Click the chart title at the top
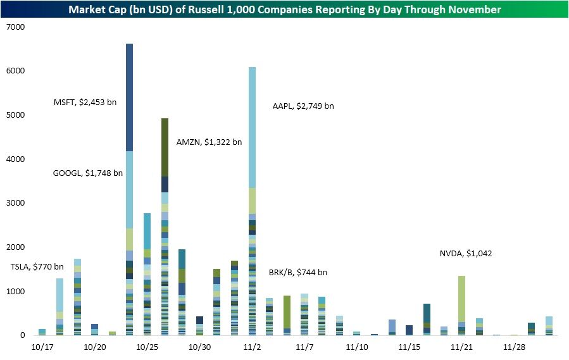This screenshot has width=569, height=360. coord(284,9)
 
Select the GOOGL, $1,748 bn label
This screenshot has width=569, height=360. coord(88,173)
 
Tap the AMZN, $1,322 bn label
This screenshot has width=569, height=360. coord(209,142)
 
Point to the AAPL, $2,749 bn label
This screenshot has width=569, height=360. coord(303,106)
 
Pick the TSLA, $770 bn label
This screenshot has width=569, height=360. coord(37,266)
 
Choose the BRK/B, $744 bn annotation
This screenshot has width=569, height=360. coord(298,272)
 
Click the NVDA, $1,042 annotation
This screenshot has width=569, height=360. coord(466,254)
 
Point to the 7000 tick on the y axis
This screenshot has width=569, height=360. coord(14,27)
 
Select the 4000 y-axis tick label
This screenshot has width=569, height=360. coord(14,159)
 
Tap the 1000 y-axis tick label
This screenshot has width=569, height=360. coord(14,292)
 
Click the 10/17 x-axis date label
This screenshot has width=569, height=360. coord(42,347)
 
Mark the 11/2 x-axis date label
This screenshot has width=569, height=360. coord(252,347)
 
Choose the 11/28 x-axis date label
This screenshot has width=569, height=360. coord(514,347)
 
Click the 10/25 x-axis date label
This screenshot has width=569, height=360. coord(147,347)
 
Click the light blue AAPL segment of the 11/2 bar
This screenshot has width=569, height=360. coord(252,127)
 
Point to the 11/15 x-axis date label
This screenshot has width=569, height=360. coord(410,347)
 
